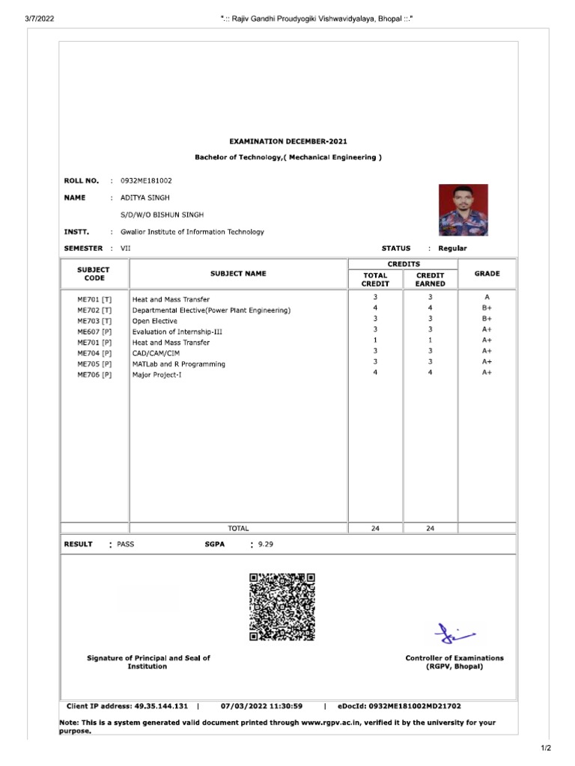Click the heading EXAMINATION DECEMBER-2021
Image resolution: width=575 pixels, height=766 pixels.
point(287,141)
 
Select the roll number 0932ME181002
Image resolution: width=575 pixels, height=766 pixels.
point(146,181)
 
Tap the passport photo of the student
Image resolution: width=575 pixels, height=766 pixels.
point(463,210)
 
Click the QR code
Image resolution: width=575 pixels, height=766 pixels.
point(282,607)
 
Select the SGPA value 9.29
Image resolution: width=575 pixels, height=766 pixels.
point(266,545)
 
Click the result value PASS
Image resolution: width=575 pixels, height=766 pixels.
point(126,545)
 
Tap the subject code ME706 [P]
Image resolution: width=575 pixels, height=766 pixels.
point(94,375)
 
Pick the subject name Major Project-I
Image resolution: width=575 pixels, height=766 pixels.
point(157,375)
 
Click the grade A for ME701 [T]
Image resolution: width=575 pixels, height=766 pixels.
point(487,298)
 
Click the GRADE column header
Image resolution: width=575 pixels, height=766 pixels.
point(487,274)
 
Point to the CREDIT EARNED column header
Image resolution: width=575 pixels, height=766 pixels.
point(431,279)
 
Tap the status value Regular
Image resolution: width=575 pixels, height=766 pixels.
point(452,248)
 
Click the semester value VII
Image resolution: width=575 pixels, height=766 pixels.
point(125,248)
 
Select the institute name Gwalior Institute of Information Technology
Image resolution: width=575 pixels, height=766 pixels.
point(192,232)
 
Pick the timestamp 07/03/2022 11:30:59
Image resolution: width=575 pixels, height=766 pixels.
point(262,705)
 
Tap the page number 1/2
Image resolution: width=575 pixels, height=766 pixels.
point(545,748)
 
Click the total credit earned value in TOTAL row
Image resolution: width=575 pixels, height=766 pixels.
point(431,528)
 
